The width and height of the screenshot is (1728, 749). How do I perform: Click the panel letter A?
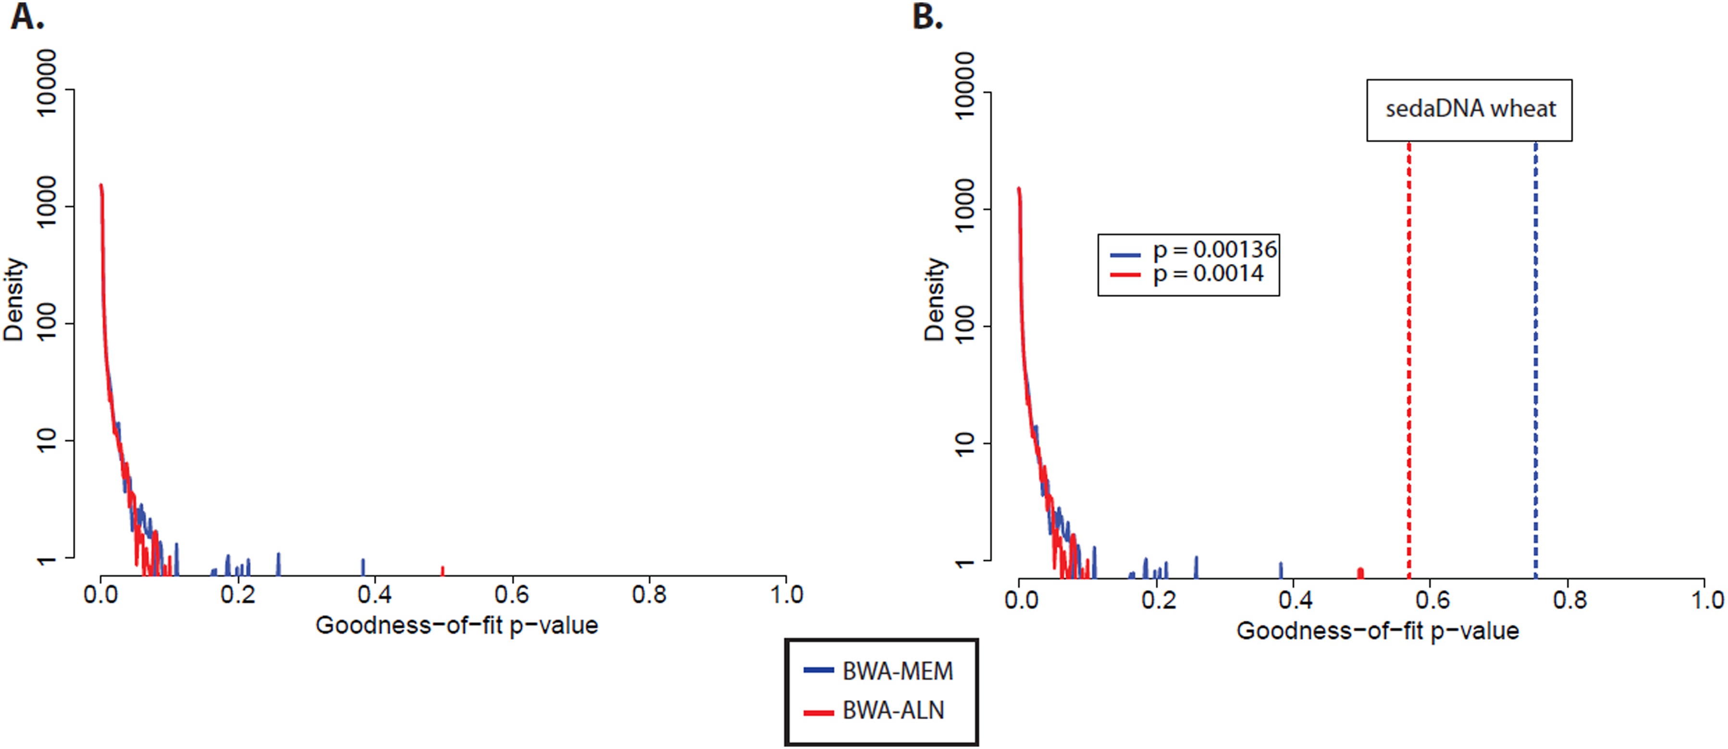point(27,16)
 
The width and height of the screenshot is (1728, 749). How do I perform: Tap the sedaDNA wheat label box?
point(1469,110)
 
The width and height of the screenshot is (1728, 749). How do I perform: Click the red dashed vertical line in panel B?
point(1409,362)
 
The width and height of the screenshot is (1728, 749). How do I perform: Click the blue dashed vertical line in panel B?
point(1535,362)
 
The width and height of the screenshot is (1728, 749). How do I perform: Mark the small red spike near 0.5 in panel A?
point(442,571)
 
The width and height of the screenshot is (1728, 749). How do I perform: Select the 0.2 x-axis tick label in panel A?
point(238,595)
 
